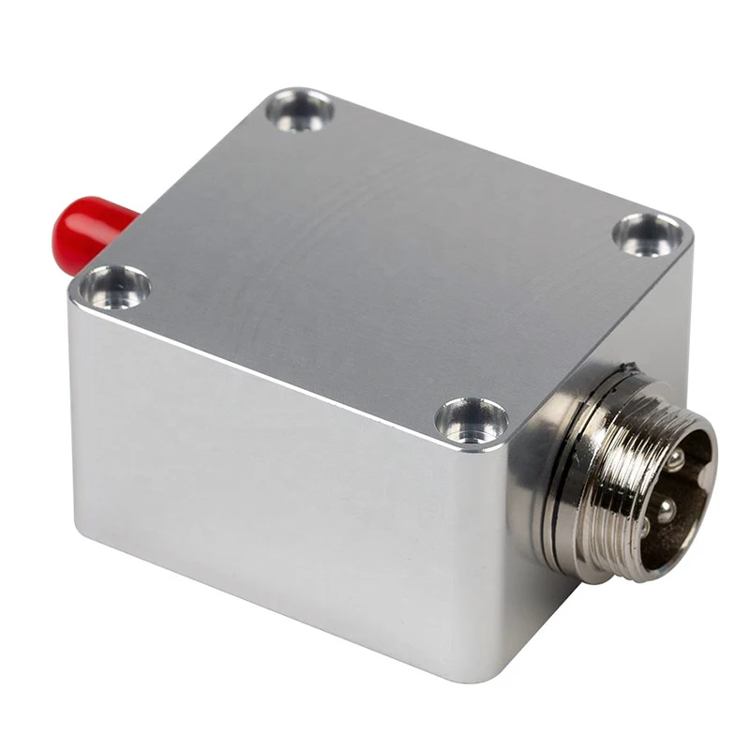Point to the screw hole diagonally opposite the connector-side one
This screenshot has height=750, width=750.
coord(299,110)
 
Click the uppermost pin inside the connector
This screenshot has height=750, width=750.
coord(675,458)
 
